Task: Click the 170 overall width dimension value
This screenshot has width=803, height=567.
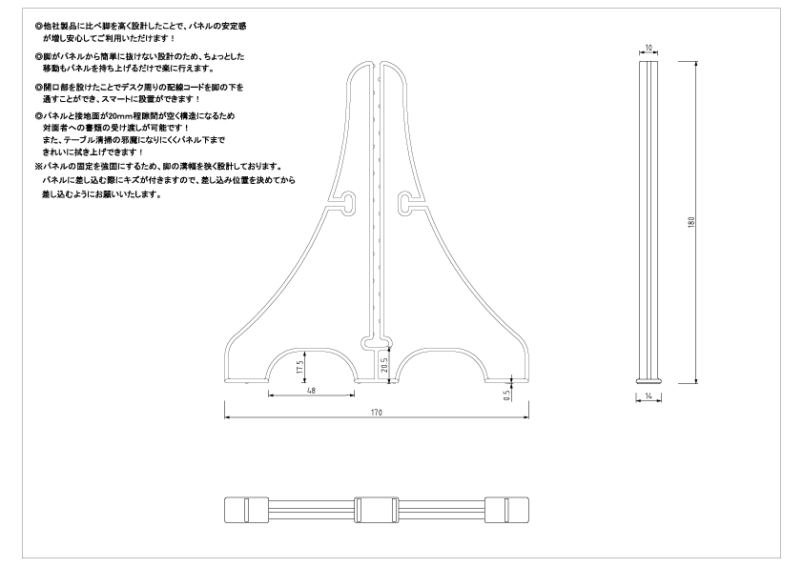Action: [x=377, y=413]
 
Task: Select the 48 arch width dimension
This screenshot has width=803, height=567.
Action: [x=311, y=391]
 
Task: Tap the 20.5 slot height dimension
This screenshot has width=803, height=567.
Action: [x=384, y=365]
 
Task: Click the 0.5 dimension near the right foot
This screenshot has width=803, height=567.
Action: [x=507, y=395]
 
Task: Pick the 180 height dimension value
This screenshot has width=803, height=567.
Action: [x=691, y=222]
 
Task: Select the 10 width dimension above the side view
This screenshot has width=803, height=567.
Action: [x=649, y=48]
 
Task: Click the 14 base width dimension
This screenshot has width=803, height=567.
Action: [x=649, y=395]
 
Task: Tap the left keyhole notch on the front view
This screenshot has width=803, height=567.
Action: [x=349, y=200]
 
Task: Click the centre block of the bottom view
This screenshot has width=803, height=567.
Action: [x=377, y=510]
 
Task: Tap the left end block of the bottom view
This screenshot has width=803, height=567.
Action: [x=246, y=510]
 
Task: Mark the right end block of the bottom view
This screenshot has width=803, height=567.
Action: [x=507, y=510]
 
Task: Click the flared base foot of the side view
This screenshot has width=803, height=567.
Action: [x=649, y=381]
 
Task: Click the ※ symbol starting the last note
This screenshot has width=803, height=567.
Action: [x=37, y=167]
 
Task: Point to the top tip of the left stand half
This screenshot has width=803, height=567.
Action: [x=370, y=64]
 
